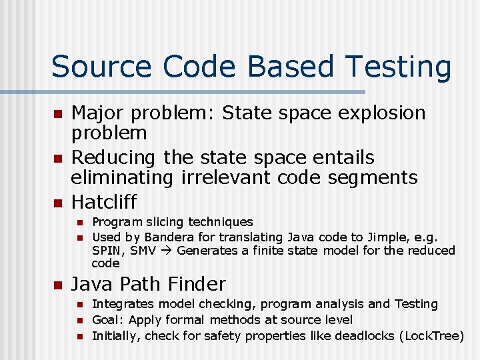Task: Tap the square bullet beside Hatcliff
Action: coord(58,202)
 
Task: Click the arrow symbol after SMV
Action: coord(167,251)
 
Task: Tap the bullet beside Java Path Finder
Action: coord(58,285)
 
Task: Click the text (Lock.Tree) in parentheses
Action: coord(431,335)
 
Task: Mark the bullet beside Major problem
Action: coord(58,113)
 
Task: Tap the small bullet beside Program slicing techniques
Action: coord(78,223)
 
